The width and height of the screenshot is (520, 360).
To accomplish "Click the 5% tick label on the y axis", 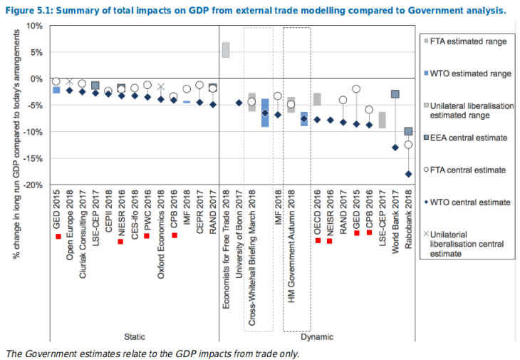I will (x=34, y=52).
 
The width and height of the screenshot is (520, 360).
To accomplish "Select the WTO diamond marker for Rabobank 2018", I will (x=408, y=174).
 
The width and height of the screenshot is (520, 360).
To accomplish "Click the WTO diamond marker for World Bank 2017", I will (x=395, y=148).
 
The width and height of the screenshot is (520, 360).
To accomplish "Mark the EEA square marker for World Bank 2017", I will (x=395, y=94).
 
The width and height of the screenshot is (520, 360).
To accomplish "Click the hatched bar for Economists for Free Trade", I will (x=225, y=50).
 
